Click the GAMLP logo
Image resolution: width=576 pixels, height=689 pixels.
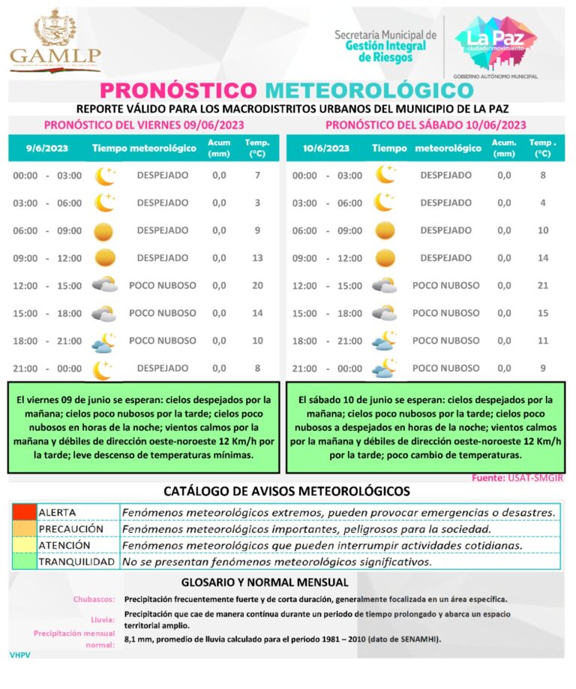[54, 41]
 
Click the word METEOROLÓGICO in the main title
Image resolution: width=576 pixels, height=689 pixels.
[370, 90]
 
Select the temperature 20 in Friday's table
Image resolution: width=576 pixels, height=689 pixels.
[257, 285]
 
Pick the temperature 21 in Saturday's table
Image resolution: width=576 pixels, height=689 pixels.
[541, 285]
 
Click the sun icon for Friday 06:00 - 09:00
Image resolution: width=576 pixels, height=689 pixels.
[105, 230]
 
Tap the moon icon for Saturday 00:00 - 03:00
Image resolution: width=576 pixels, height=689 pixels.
[385, 175]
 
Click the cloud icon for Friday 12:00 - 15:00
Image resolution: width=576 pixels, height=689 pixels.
[104, 285]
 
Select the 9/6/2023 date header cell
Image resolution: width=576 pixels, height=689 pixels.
[47, 148]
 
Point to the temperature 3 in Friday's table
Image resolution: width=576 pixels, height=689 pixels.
[257, 203]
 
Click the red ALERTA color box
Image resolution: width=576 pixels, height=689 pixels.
[23, 512]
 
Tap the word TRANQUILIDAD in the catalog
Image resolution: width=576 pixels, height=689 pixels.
[76, 561]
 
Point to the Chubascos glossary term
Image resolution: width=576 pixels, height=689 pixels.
[94, 600]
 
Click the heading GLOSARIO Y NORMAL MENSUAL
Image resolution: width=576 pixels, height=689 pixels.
[265, 582]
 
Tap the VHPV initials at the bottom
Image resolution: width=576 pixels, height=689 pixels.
[19, 655]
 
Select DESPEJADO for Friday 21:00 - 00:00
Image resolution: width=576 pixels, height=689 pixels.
[163, 368]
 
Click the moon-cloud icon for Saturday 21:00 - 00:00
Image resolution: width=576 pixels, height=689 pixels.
[385, 368]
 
